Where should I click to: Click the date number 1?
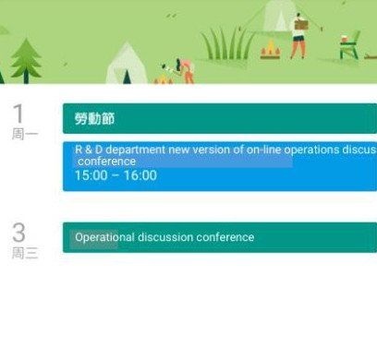click(x=19, y=114)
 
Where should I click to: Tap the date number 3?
click(x=19, y=233)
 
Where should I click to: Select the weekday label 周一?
click(x=25, y=134)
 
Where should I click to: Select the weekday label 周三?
click(x=25, y=253)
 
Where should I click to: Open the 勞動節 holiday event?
click(x=94, y=119)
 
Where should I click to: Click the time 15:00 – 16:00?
click(x=116, y=175)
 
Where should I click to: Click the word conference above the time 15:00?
click(x=106, y=162)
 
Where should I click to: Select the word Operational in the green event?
click(x=104, y=237)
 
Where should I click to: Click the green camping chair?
click(x=348, y=45)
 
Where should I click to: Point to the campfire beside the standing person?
click(x=270, y=48)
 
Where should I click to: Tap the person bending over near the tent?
click(x=183, y=67)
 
